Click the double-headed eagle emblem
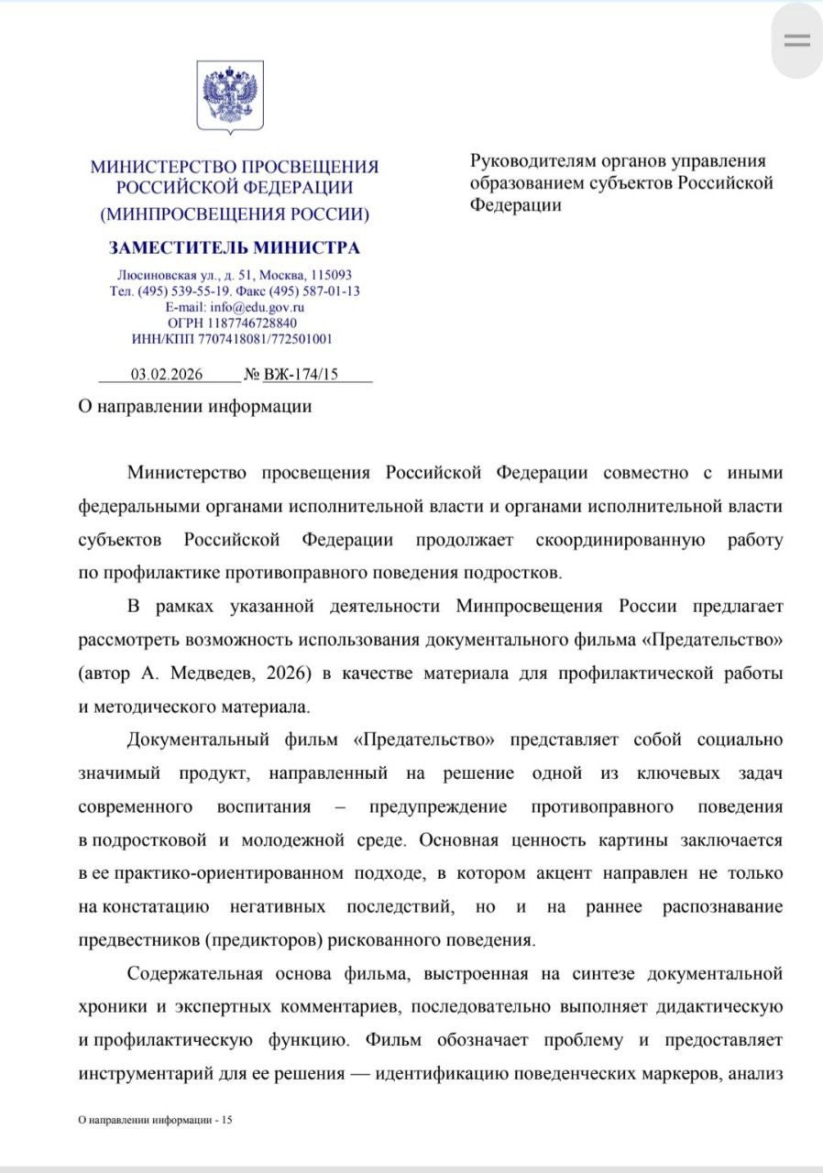(230, 95)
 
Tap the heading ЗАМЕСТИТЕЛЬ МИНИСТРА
(235, 247)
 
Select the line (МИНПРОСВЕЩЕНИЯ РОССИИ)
(235, 214)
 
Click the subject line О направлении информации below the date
(194, 406)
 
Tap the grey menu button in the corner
(796, 40)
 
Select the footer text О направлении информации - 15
(156, 1120)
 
